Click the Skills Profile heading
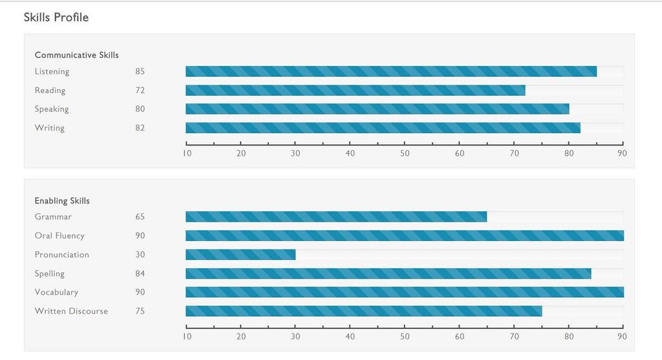[56, 17]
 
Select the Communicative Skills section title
[77, 55]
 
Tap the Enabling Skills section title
[62, 200]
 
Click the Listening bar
[390, 71]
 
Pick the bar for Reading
[355, 90]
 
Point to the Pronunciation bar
[240, 255]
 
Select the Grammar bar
[336, 217]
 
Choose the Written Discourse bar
[363, 311]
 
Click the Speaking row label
[52, 109]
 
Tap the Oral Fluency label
[59, 236]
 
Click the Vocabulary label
[56, 292]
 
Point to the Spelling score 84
[140, 273]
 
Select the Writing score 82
[140, 127]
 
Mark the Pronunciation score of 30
[140, 255]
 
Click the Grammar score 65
[140, 217]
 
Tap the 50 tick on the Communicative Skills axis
[405, 153]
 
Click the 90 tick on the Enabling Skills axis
[623, 336]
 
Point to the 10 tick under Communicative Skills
[187, 153]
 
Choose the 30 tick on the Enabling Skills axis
[295, 336]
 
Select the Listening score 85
[140, 71]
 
